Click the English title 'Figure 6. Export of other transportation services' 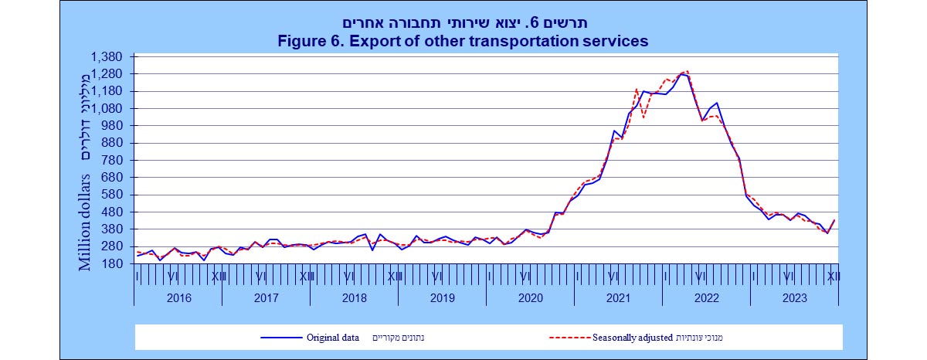pyautogui.click(x=463, y=41)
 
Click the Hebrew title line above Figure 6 pyautogui.click(x=463, y=23)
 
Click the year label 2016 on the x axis pyautogui.click(x=178, y=297)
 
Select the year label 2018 pyautogui.click(x=354, y=297)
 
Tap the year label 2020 pyautogui.click(x=531, y=297)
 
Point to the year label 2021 pyautogui.click(x=619, y=297)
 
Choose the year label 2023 pyautogui.click(x=795, y=297)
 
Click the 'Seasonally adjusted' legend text pyautogui.click(x=633, y=337)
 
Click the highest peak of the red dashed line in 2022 pyautogui.click(x=688, y=71)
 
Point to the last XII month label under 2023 pyautogui.click(x=833, y=276)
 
